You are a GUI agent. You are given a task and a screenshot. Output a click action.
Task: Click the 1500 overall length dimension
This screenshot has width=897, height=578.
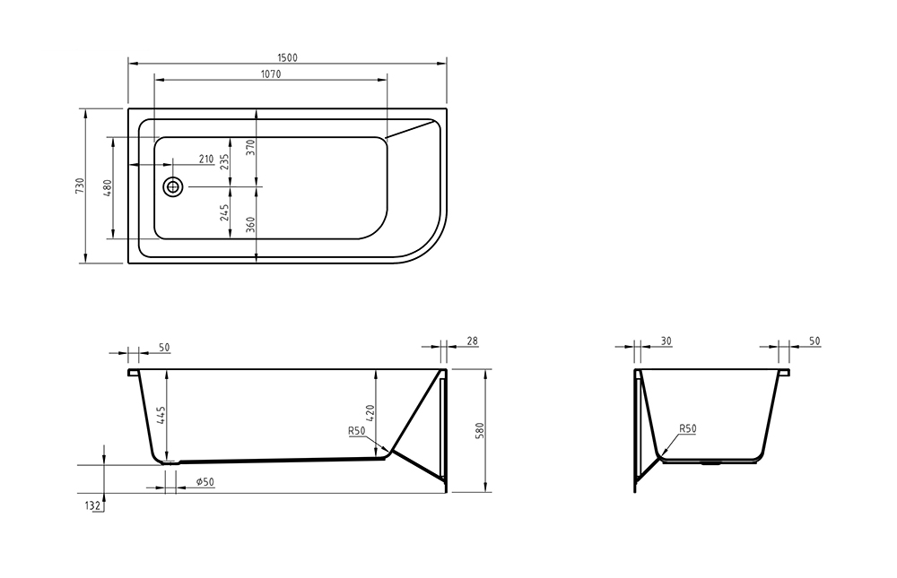click(x=287, y=57)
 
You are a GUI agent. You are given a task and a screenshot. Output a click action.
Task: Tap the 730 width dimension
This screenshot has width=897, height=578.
click(x=80, y=185)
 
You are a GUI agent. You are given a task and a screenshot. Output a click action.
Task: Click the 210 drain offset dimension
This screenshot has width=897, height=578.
click(x=205, y=160)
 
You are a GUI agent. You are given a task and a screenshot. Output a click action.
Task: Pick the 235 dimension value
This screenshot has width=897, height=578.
click(x=225, y=160)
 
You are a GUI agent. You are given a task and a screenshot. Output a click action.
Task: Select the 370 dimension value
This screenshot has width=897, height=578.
click(x=251, y=148)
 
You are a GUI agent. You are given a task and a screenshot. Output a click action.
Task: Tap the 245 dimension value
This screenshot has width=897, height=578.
click(x=225, y=212)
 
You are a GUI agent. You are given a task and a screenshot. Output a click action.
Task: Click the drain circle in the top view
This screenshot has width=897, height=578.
click(x=173, y=186)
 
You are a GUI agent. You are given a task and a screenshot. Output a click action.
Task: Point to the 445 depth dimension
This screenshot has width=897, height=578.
click(x=161, y=416)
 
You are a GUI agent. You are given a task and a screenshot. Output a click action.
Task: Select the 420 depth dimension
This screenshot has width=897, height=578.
click(x=371, y=413)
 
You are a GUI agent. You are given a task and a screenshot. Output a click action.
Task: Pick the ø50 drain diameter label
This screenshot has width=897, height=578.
click(x=204, y=482)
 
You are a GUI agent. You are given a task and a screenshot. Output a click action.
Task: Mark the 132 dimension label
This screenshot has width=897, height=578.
click(x=92, y=506)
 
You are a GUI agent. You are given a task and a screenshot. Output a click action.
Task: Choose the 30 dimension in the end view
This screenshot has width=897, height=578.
click(x=665, y=341)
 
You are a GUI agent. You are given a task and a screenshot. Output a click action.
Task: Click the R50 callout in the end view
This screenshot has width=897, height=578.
click(x=687, y=429)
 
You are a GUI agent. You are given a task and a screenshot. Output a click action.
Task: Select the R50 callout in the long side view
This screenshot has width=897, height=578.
click(x=356, y=431)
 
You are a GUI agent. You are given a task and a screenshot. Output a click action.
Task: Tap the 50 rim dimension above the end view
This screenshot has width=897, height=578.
click(x=814, y=341)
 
